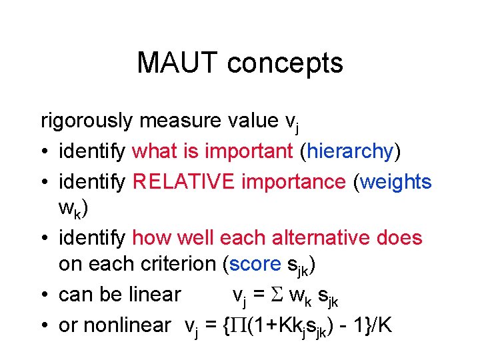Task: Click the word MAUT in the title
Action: (x=177, y=63)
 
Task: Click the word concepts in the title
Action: (x=285, y=63)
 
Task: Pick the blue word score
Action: (x=255, y=264)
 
